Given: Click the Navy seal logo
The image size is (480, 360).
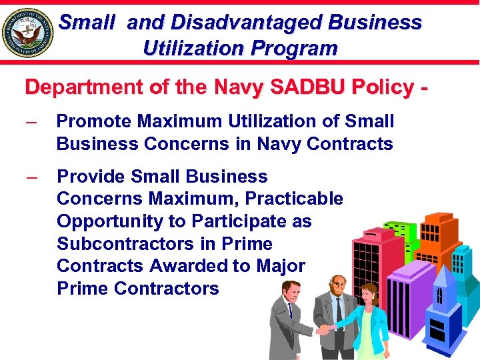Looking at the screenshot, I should coord(28,32).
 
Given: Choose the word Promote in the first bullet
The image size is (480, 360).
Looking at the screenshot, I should coord(94,121).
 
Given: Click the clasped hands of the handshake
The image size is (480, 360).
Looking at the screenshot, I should coord(325,329).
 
